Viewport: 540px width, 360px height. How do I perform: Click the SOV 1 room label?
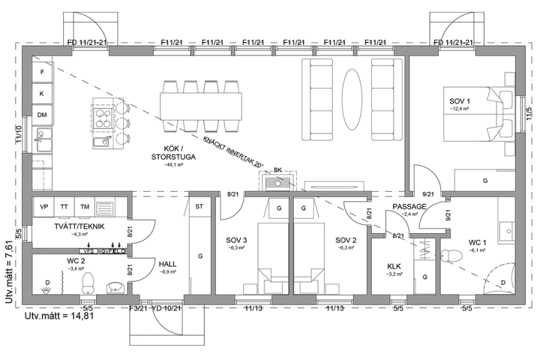coord(459,101)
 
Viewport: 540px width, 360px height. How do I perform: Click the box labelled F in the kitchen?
coord(42,72)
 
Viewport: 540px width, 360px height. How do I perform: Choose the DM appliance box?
coord(42,115)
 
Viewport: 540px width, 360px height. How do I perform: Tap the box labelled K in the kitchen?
coord(42,94)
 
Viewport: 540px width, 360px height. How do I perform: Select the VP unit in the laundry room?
coord(44,207)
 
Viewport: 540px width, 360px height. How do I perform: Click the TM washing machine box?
coord(85,207)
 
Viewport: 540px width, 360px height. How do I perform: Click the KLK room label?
coord(394,266)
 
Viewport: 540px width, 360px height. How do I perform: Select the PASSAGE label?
coord(409,206)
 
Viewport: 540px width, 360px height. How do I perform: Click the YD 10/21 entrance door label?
coord(166,308)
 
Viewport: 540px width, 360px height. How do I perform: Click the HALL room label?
coord(168,264)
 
